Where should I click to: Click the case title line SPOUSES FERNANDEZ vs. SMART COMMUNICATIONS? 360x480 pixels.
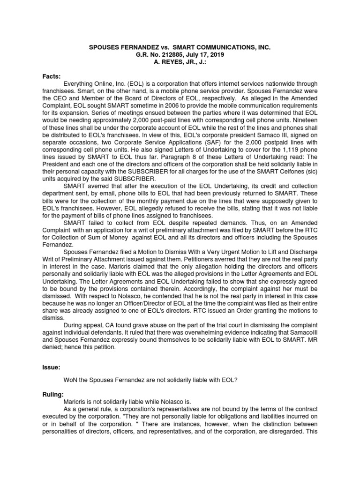point(180,48)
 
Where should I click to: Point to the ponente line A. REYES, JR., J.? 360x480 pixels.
point(180,62)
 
